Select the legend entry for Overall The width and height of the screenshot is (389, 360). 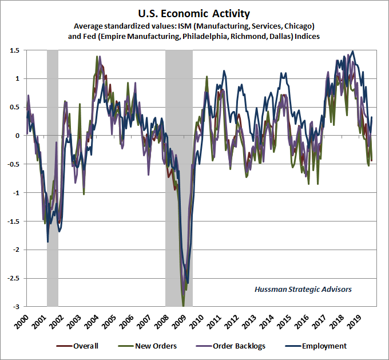[85, 346]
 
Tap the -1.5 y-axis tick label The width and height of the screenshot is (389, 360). [14, 221]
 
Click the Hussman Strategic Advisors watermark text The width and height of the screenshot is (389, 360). [303, 289]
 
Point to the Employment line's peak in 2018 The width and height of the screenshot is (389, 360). [352, 52]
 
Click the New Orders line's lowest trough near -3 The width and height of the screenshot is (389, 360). [183, 306]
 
